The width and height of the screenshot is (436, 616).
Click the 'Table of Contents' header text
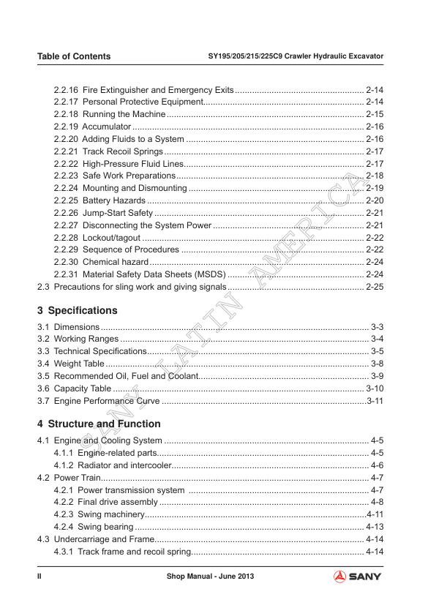click(x=74, y=56)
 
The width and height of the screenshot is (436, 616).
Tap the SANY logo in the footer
click(x=357, y=577)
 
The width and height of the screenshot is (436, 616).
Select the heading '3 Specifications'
click(x=77, y=310)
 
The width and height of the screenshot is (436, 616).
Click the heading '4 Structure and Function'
click(x=99, y=424)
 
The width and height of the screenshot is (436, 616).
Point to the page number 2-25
click(x=375, y=287)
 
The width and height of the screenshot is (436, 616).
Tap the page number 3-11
click(x=375, y=401)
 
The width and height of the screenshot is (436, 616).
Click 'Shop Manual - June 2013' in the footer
click(x=211, y=577)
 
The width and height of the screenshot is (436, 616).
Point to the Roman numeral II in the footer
click(x=40, y=577)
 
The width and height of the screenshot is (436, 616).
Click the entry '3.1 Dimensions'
click(x=68, y=326)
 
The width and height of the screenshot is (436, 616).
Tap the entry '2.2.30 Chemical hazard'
click(x=101, y=262)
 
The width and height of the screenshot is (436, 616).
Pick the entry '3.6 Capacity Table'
click(x=74, y=388)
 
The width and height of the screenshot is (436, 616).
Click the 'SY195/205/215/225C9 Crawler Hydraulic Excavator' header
click(x=296, y=56)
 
